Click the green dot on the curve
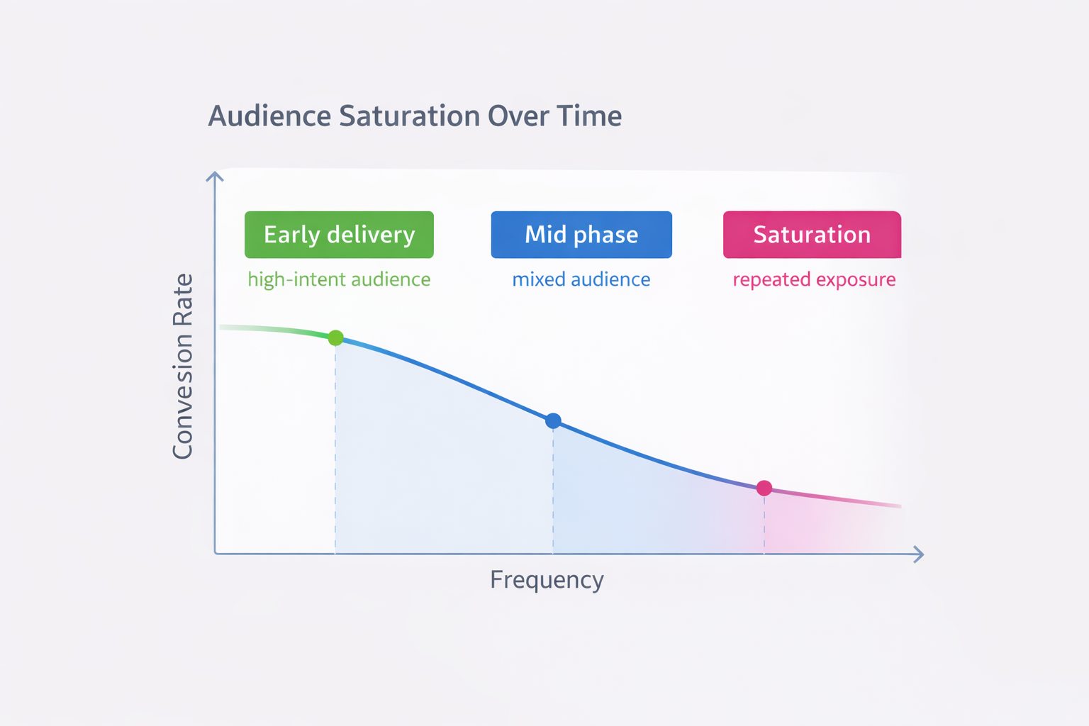336,337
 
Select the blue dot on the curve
553,421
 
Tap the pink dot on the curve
764,488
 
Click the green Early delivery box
339,235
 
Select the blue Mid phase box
581,235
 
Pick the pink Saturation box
812,235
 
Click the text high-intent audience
339,279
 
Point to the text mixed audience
581,279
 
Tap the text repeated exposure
814,279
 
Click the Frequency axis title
547,580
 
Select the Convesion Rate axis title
183,366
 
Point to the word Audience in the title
269,116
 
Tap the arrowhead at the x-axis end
919,554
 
